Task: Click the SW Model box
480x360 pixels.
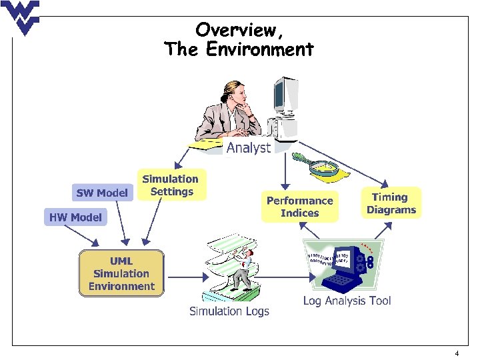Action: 102,193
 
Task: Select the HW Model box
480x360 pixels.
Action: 75,217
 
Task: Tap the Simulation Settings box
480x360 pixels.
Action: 171,185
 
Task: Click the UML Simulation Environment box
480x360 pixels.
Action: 121,273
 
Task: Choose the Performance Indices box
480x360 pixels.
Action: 299,207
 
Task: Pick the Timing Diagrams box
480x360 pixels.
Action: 391,203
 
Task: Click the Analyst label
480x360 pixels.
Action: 249,148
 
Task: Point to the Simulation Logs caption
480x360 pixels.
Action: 229,311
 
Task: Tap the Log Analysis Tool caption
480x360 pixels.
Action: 347,301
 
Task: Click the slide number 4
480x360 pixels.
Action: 456,353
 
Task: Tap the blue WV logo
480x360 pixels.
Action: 21,17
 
